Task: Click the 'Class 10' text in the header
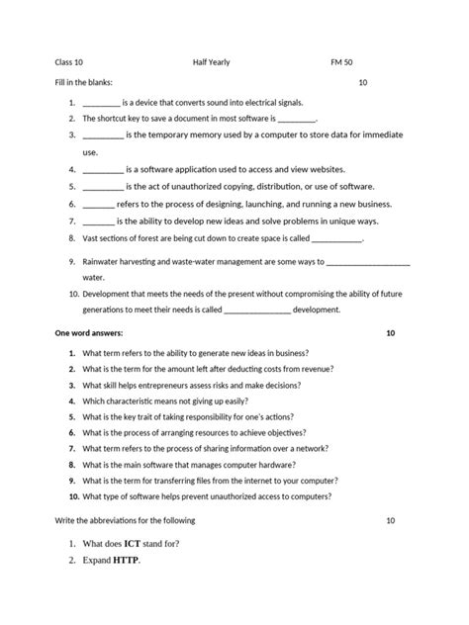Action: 69,61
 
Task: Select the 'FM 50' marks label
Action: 341,61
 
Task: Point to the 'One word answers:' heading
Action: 91,333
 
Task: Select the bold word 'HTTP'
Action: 127,561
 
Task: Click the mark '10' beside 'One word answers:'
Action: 390,333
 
